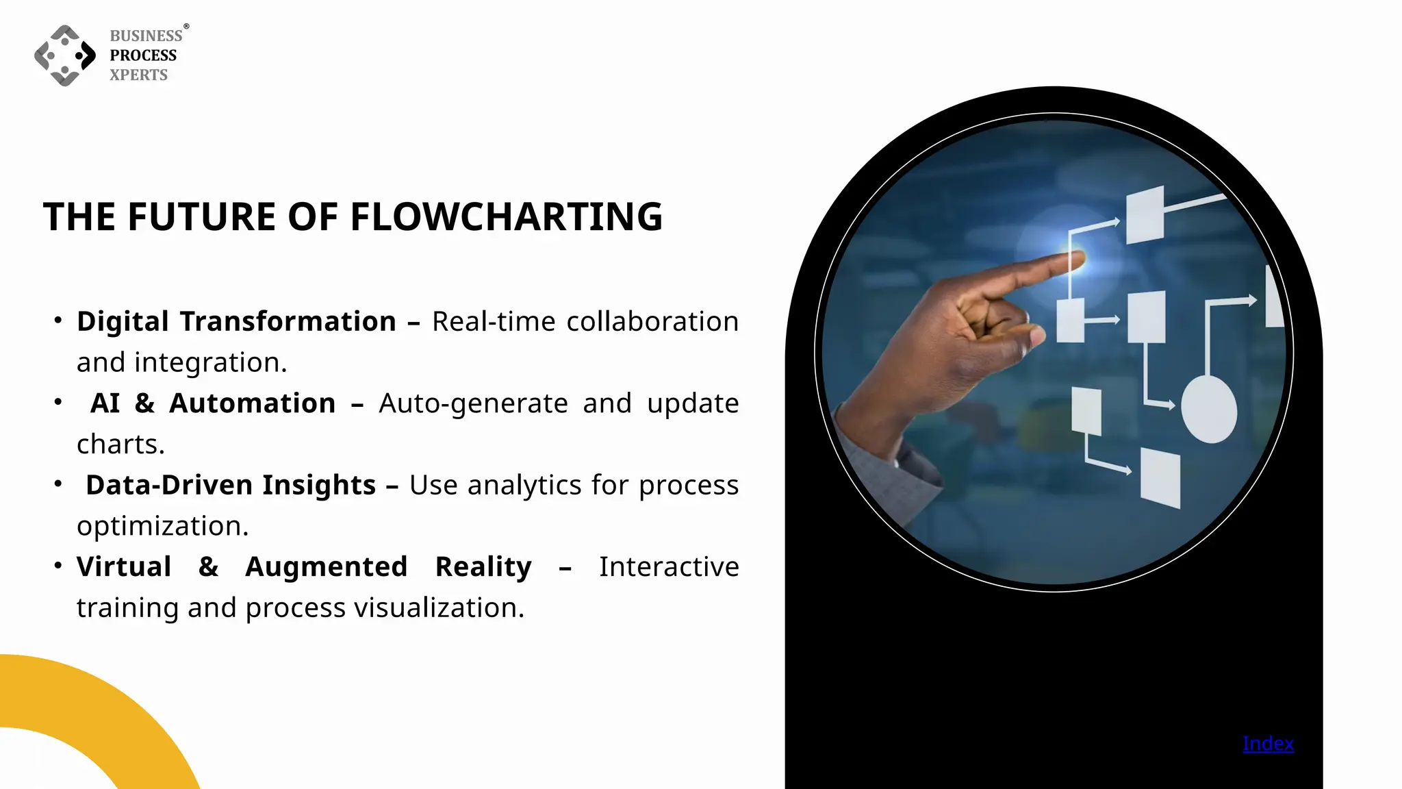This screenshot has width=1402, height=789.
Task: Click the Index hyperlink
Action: tap(1268, 744)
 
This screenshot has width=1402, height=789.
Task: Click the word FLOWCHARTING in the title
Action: tap(506, 217)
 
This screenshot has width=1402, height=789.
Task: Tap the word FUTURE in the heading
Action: tap(202, 217)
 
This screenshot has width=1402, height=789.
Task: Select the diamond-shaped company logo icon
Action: tap(65, 55)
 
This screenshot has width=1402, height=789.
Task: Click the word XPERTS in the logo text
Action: tap(139, 75)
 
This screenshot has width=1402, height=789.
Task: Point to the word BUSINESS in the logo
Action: tap(146, 36)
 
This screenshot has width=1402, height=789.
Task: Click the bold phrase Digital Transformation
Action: tap(236, 321)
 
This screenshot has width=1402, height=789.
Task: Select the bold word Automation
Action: tap(253, 403)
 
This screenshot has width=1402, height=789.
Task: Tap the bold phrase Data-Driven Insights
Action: tap(231, 485)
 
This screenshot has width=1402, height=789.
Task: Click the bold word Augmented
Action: tap(327, 566)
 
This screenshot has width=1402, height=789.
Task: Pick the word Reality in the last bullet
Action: tap(483, 566)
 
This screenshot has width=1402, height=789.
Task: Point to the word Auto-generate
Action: tap(473, 403)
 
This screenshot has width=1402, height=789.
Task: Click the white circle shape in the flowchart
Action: tap(1209, 409)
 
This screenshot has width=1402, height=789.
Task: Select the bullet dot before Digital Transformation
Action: tap(58, 320)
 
